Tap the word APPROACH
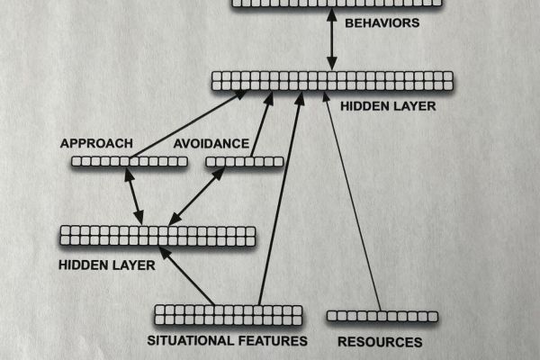click(96, 143)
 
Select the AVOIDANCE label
click(211, 143)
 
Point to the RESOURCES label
click(380, 342)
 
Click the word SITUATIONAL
click(184, 341)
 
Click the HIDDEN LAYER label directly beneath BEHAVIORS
click(388, 106)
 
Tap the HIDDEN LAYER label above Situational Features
click(106, 265)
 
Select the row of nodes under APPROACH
click(129, 162)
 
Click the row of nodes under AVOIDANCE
click(244, 162)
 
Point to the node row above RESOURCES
click(382, 316)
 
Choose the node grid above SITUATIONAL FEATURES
click(229, 315)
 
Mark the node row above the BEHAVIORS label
click(337, 4)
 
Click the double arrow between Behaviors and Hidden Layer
click(332, 40)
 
